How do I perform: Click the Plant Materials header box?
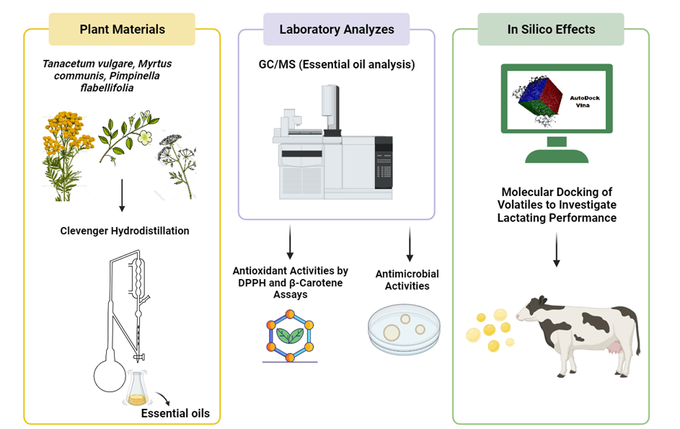coord(122,30)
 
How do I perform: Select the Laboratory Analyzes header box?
coord(336,30)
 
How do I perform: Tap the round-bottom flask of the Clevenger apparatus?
coord(110,375)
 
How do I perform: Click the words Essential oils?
coord(175,413)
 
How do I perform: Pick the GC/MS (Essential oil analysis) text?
coord(337,64)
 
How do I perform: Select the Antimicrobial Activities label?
coord(407,280)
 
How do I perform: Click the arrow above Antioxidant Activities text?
coord(290,242)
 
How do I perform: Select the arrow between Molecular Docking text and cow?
coord(556,252)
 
